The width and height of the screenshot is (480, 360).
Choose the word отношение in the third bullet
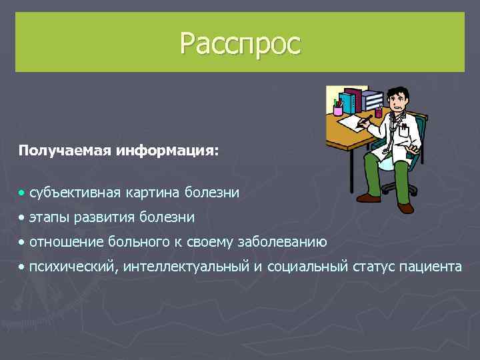click(62, 241)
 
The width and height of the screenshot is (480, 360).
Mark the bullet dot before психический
click(22, 267)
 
